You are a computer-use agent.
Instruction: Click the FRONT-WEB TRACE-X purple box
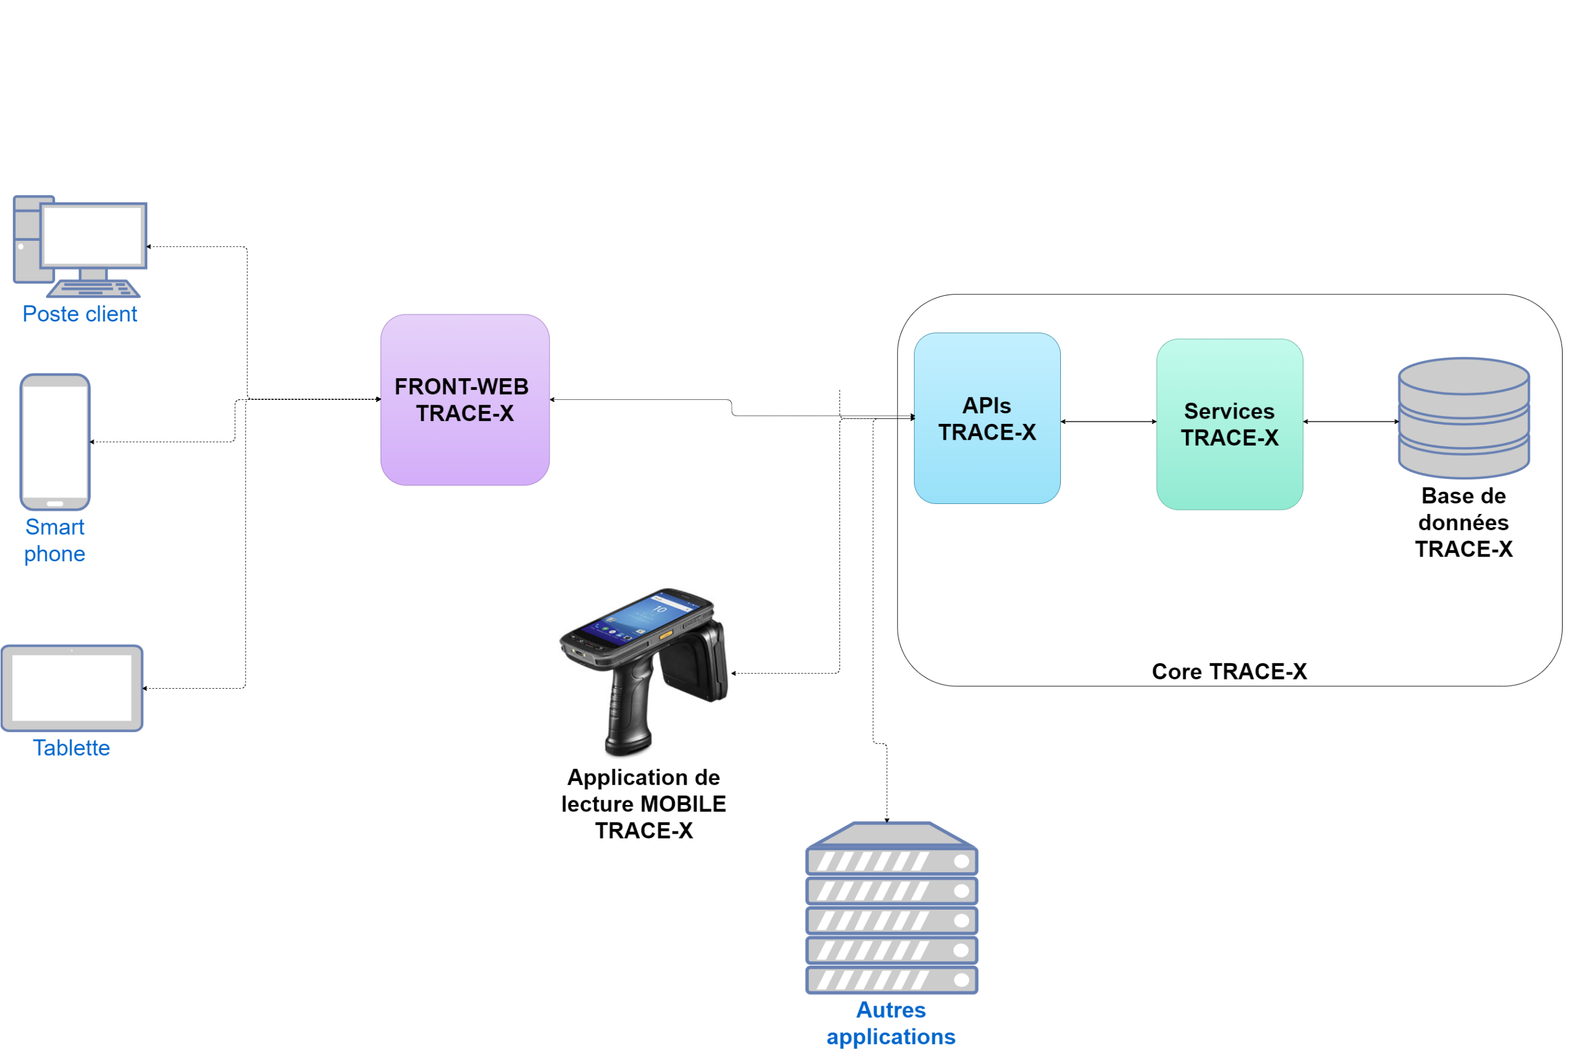465,400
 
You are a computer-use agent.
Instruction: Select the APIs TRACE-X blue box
987,418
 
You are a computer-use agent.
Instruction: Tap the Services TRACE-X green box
1229,424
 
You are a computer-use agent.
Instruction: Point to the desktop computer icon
80,247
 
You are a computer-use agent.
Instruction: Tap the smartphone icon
55,442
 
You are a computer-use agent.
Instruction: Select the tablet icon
72,688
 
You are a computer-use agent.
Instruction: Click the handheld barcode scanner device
644,672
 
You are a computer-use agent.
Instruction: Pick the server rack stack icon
891,908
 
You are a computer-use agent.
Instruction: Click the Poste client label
80,313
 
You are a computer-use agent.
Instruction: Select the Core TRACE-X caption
1229,671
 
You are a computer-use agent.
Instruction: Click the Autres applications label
891,1023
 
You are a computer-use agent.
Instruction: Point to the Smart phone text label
55,540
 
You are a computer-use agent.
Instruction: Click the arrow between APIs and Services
1108,421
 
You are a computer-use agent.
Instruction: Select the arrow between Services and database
1351,421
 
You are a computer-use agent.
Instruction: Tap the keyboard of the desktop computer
93,289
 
